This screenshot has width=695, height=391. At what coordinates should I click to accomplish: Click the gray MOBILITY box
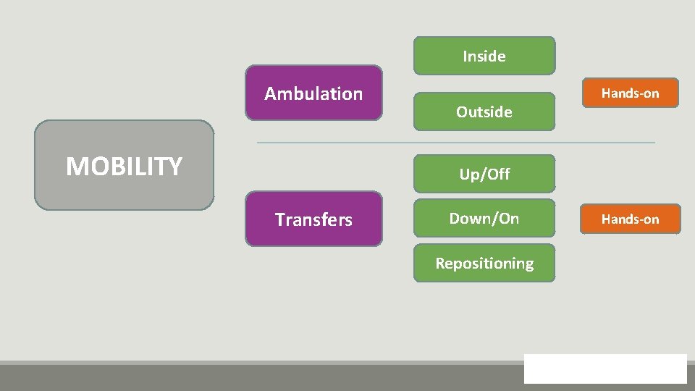coord(124,165)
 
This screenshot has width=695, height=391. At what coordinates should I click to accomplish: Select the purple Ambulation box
coord(313,93)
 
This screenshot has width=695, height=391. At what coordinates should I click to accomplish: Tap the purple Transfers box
coord(313,219)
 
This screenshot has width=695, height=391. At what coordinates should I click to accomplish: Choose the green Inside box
coord(484,56)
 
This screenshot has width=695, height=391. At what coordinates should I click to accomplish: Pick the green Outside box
coord(484,112)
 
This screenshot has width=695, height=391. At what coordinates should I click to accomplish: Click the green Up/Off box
coord(484,174)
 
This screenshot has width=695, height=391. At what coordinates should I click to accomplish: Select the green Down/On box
coord(484,218)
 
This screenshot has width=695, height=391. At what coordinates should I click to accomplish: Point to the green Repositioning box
coord(484,263)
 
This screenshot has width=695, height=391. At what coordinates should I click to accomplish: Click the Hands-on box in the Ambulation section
coord(630,93)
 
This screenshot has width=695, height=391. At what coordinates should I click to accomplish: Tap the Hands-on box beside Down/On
coord(630,219)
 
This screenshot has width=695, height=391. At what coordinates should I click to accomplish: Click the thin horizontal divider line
coord(456,143)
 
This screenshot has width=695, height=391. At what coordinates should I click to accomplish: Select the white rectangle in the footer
coord(605,368)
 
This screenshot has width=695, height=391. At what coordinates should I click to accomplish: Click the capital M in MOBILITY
coord(76,167)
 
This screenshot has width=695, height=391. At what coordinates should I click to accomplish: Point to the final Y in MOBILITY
coord(174,167)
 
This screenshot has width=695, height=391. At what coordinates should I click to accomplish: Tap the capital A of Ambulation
coord(271,93)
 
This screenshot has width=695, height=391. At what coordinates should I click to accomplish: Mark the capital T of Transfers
coord(279,219)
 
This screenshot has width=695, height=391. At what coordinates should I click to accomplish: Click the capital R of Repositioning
coord(440,263)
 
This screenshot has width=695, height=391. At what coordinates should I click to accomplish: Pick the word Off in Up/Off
coord(498,174)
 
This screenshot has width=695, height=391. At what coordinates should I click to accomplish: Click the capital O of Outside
coord(462,112)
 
